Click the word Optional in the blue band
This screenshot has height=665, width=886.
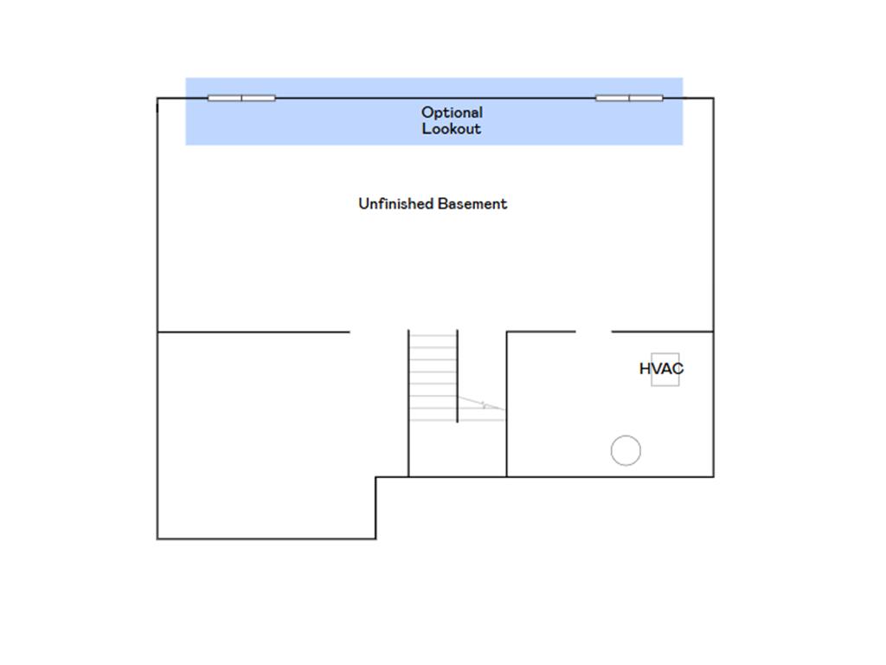tap(452, 113)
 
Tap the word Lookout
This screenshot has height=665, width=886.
tap(452, 128)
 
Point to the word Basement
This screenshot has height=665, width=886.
tap(472, 203)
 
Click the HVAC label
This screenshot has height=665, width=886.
tap(661, 369)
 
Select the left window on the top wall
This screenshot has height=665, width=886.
tap(241, 98)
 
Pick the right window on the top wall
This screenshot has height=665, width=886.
tap(630, 98)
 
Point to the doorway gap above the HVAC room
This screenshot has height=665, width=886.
tap(594, 332)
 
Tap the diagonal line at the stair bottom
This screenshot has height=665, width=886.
tap(481, 403)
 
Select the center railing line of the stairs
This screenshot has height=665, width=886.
tap(457, 376)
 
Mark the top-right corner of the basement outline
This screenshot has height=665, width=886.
tap(714, 99)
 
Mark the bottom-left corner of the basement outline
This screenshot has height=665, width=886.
tap(157, 539)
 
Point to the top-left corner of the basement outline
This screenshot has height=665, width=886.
tap(157, 99)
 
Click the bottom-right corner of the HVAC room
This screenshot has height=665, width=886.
tap(714, 477)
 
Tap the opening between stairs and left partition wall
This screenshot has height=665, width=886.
tap(379, 332)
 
